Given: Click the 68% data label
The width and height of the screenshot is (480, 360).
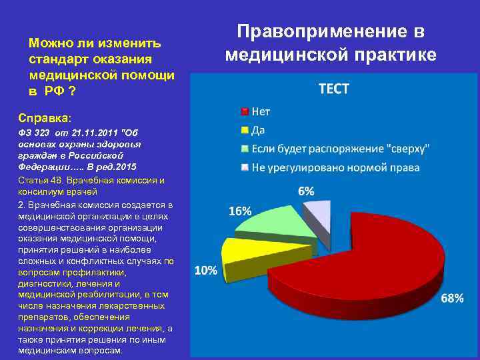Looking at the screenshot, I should [452, 299].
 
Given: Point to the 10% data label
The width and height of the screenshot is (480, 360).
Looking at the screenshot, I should [206, 270].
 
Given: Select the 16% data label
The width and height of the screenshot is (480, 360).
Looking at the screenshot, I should [240, 211].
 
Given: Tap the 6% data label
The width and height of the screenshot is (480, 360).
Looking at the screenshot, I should [307, 191].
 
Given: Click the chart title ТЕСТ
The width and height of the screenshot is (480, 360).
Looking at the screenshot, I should [334, 89].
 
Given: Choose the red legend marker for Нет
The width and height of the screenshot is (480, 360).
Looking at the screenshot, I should [245, 111].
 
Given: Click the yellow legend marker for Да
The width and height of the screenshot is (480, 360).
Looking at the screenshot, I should [245, 129].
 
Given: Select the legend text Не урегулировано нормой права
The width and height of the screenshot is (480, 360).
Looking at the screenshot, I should [335, 167].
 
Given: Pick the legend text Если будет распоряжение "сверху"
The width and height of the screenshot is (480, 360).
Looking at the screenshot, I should [339, 148].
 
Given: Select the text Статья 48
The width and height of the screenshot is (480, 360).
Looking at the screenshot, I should [40, 180].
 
